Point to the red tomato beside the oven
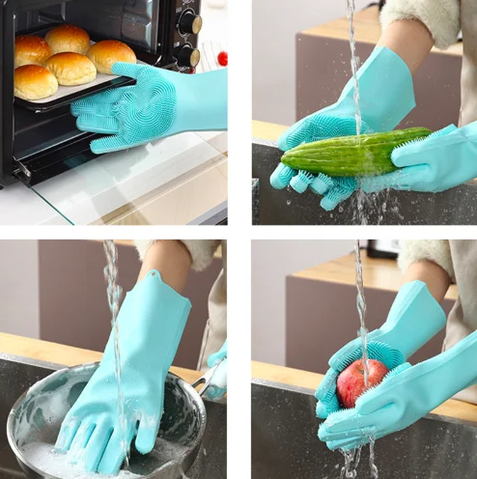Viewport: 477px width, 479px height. tap(222, 58)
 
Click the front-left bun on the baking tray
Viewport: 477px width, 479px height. tap(35, 82)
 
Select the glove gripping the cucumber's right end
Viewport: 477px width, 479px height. tap(435, 159)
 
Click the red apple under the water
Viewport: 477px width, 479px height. tap(360, 382)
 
